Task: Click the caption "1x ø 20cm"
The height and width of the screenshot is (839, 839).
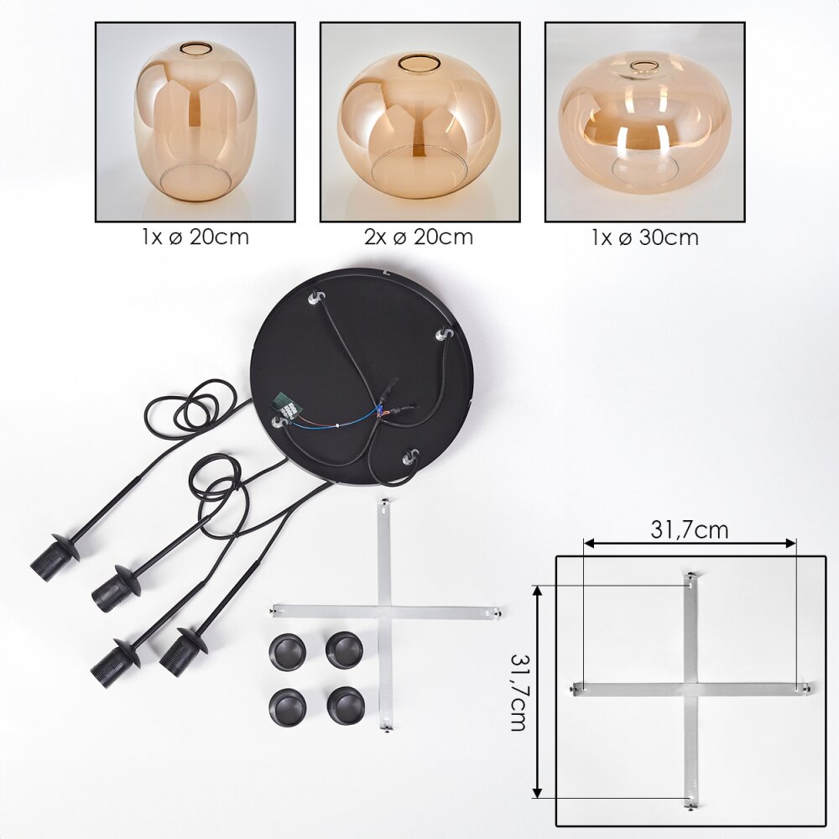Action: click(195, 237)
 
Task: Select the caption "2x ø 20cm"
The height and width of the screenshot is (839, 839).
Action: click(419, 237)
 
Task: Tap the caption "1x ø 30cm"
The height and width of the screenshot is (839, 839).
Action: click(644, 237)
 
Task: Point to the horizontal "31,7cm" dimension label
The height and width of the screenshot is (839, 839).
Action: click(689, 529)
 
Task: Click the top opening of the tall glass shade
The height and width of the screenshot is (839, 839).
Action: click(195, 48)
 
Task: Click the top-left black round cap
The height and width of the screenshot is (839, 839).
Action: click(288, 651)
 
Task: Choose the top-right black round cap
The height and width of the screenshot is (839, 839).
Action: click(345, 649)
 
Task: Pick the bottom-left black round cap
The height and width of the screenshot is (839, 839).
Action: click(288, 706)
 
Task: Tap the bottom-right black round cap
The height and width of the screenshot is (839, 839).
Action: click(346, 706)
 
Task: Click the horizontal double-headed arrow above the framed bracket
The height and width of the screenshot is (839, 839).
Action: click(690, 544)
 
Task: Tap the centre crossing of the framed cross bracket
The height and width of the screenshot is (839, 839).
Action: click(690, 689)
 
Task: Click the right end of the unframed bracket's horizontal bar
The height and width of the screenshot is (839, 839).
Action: click(498, 613)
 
